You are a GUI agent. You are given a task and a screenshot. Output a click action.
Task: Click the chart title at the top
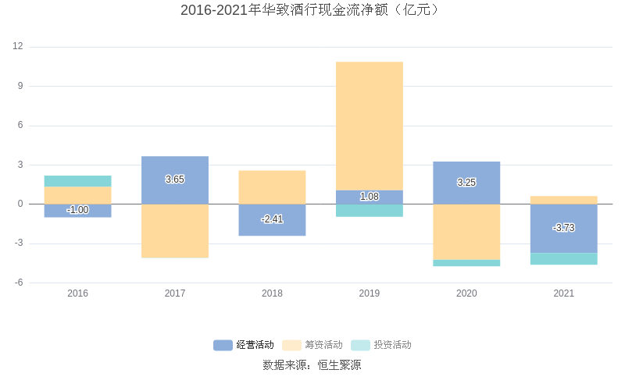pos(312,10)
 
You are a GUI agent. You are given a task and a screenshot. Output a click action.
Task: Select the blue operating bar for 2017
pos(175,168)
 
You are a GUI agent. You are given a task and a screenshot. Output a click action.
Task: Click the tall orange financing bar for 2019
pos(370,125)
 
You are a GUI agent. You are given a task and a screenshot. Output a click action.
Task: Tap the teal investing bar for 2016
pos(77,181)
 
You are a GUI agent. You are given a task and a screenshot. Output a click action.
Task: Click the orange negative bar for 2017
pos(175,231)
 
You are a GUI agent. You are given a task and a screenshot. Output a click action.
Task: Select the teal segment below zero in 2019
pos(370,211)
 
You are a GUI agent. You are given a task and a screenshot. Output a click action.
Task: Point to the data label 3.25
pos(466,183)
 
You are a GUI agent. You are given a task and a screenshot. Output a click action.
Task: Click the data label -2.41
pos(272,219)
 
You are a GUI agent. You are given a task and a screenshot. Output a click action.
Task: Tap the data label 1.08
pos(370,197)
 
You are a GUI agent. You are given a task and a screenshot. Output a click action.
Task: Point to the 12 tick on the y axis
pos(18,47)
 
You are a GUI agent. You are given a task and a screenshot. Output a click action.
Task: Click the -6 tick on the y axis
pos(18,283)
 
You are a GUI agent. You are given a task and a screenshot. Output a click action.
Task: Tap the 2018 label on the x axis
pos(272,293)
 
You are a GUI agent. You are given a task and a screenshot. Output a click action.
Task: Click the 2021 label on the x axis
pos(563,293)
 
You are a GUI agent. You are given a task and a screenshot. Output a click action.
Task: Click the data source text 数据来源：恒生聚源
pos(312,364)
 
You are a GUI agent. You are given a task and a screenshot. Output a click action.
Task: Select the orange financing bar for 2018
pos(272,187)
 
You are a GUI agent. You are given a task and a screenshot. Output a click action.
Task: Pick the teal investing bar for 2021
pos(563,259)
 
